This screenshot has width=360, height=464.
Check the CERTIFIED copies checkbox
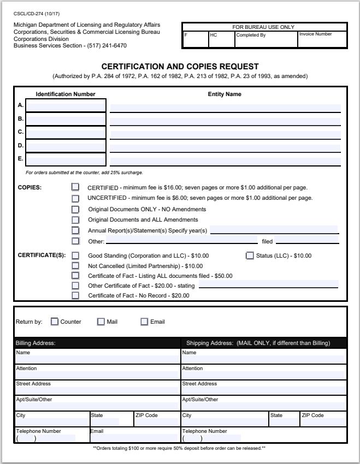tap(75, 187)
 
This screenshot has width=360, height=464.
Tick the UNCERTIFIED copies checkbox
tap(75, 198)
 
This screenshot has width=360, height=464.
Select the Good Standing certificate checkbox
tap(75, 255)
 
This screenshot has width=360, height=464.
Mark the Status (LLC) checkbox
tap(250, 255)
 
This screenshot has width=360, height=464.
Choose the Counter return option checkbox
tap(55, 322)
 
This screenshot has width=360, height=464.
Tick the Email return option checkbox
tap(144, 322)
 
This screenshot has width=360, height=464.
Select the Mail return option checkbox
tap(101, 322)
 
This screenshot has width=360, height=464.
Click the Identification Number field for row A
tap(66, 106)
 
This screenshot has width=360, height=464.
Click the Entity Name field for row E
tap(225, 160)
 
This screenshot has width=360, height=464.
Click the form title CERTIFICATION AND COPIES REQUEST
tap(180, 67)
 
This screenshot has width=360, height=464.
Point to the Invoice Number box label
tap(315, 34)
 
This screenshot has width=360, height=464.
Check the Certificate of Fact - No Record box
tap(75, 295)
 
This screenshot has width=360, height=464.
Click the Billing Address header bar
tap(97, 343)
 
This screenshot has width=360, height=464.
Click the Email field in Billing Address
tap(134, 438)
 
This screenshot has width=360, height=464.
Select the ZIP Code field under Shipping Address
tap(322, 422)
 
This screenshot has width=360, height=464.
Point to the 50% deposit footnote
tap(179, 448)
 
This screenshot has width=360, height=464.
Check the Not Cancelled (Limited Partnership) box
tap(75, 266)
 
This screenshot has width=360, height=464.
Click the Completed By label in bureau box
tap(251, 35)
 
